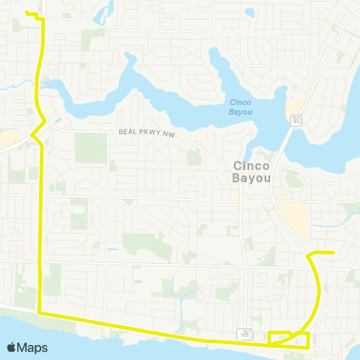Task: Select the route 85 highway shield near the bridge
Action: (296, 120)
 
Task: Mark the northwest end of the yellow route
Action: (27, 13)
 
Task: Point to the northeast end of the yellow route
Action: (332, 253)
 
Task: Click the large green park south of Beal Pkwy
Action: (91, 148)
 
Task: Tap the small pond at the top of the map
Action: (106, 13)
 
